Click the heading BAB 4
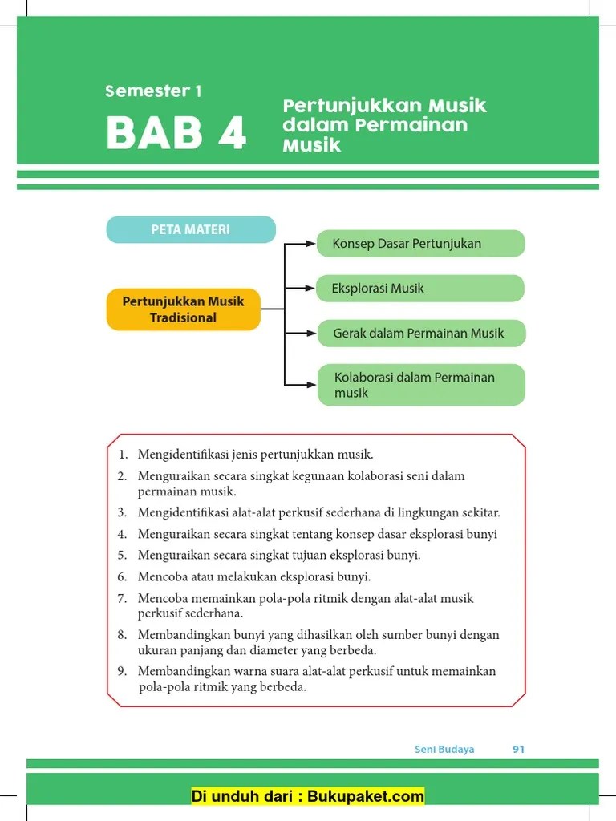click(x=176, y=134)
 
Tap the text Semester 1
click(x=153, y=91)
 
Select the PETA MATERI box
click(x=191, y=230)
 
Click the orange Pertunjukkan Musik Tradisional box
click(x=183, y=309)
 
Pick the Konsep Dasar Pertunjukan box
click(x=420, y=243)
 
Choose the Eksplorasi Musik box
click(x=420, y=288)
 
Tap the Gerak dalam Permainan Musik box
click(x=420, y=333)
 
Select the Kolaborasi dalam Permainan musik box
click(x=420, y=385)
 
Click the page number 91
click(x=518, y=750)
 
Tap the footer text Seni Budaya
click(x=444, y=750)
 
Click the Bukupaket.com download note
click(x=308, y=796)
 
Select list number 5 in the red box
click(x=123, y=555)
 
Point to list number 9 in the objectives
click(x=123, y=671)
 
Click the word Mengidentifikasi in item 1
click(x=183, y=455)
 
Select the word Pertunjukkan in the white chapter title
click(x=341, y=107)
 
